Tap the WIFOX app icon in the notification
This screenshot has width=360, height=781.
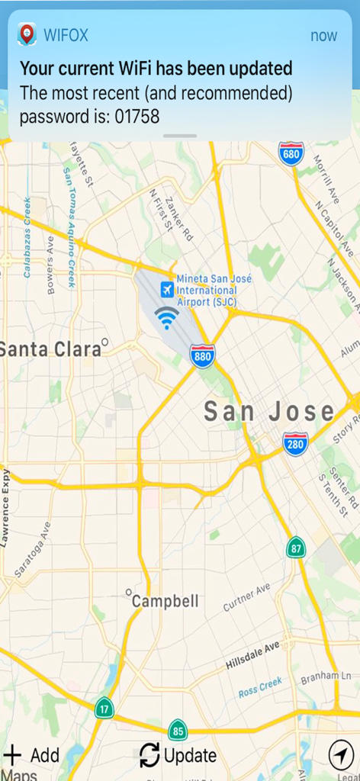tap(27, 34)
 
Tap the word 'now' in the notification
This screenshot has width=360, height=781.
tap(323, 36)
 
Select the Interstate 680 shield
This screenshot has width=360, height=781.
tap(291, 153)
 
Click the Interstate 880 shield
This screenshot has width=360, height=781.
tap(203, 355)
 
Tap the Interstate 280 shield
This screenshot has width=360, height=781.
tap(295, 442)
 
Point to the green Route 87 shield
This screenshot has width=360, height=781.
tap(297, 548)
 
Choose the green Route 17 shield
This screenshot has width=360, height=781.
tap(104, 708)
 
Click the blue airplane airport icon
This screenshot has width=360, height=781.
tap(166, 290)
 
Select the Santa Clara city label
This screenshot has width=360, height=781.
tap(50, 349)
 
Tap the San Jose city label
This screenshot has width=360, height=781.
tap(268, 412)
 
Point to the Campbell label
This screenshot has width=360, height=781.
tap(165, 601)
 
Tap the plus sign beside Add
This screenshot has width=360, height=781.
tap(12, 755)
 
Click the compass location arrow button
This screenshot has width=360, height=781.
tap(341, 755)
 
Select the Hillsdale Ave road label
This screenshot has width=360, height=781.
tap(252, 656)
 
